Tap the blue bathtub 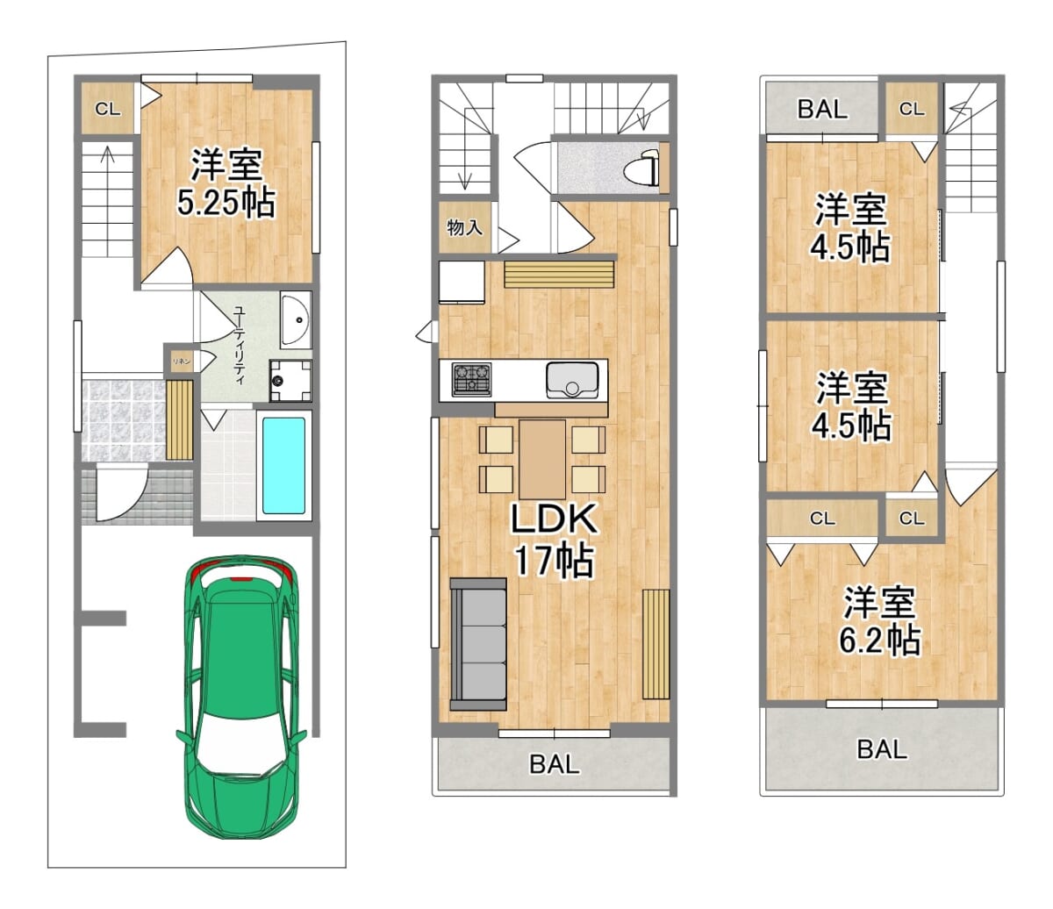[x=283, y=466]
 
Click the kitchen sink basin [x=571, y=380]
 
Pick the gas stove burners [x=471, y=379]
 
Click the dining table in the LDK [x=542, y=460]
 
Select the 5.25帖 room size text [x=226, y=203]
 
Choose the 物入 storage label [x=464, y=228]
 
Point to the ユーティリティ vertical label [x=239, y=345]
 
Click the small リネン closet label [x=182, y=361]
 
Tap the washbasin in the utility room [x=296, y=319]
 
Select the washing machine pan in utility [x=290, y=380]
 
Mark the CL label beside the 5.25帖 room [x=108, y=109]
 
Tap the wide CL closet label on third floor [x=822, y=519]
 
